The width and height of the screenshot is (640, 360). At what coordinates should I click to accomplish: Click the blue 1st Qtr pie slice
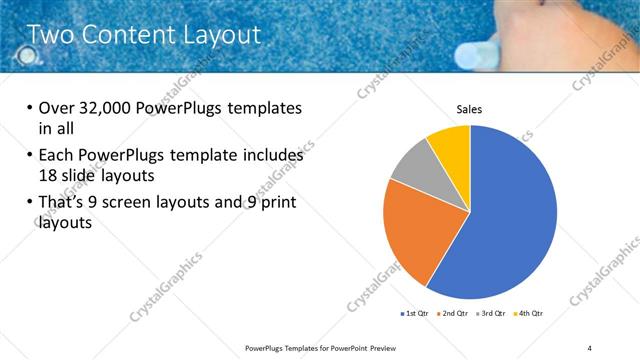pyautogui.click(x=510, y=220)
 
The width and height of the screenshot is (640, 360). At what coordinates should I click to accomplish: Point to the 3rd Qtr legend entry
pyautogui.click(x=491, y=313)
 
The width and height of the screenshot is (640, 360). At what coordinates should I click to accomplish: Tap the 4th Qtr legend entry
pyautogui.click(x=528, y=313)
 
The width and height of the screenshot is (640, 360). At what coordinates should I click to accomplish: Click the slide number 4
pyautogui.click(x=589, y=347)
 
